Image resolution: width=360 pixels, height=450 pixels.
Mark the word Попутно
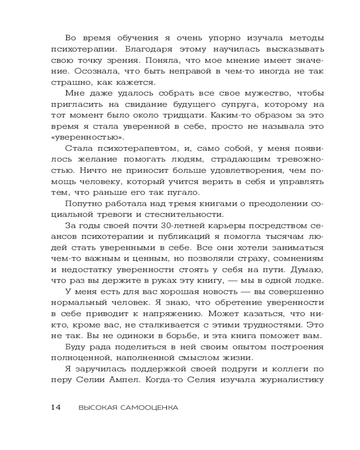pyautogui.click(x=82, y=203)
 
